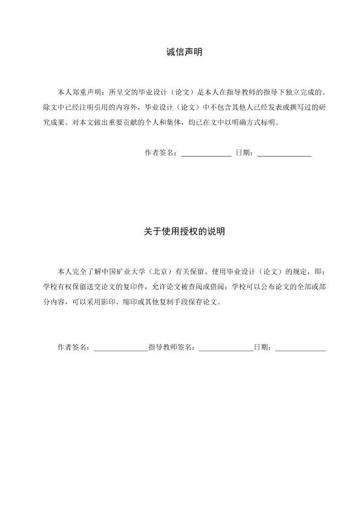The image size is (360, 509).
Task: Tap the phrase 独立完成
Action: (x=301, y=93)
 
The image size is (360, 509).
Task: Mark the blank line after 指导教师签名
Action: (x=226, y=349)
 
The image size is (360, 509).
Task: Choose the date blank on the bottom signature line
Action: (x=300, y=349)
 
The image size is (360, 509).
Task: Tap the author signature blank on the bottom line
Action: (x=120, y=349)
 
